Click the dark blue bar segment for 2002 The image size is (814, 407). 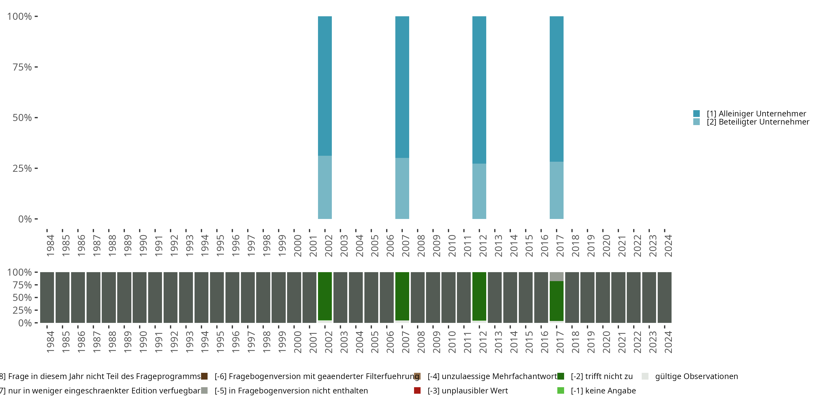tap(325, 85)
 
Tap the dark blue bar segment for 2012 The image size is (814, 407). tap(479, 90)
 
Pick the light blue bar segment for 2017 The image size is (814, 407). tap(557, 190)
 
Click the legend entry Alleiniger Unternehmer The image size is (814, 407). tap(756, 113)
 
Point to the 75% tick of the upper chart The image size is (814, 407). tap(22, 67)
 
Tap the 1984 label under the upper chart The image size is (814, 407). tap(50, 246)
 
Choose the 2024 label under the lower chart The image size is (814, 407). tap(668, 342)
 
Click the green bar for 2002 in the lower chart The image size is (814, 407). tap(325, 296)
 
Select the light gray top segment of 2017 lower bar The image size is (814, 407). tap(557, 276)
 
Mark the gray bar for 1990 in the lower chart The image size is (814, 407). tap(139, 297)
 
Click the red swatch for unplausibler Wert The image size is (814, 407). tap(417, 390)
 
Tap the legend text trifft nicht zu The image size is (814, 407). tap(602, 376)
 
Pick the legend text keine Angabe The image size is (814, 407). tap(603, 390)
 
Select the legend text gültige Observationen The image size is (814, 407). tap(697, 376)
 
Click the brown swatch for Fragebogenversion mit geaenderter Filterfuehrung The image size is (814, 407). tap(204, 376)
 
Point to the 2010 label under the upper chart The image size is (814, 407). tap(452, 246)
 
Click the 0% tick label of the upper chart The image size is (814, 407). tap(25, 219)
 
